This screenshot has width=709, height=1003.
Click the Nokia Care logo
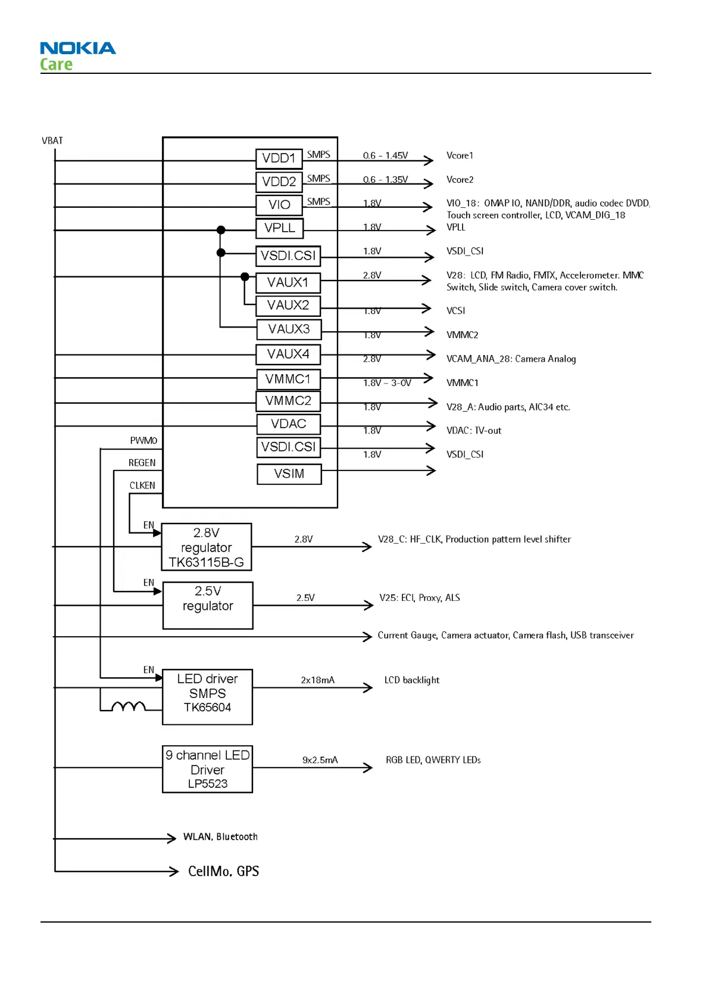(x=77, y=56)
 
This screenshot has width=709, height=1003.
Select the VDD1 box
(x=279, y=158)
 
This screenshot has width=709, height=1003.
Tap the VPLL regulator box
(x=279, y=228)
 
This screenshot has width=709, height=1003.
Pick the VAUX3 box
(x=289, y=329)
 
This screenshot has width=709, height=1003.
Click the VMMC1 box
(x=288, y=379)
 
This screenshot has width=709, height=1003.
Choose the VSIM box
(x=289, y=474)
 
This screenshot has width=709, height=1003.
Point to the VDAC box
(x=288, y=424)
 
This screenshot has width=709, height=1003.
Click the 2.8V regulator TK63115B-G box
(x=206, y=547)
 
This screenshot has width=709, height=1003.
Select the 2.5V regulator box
(x=208, y=605)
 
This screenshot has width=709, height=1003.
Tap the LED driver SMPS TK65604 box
(x=207, y=697)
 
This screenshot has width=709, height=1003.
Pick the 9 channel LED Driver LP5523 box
(x=207, y=769)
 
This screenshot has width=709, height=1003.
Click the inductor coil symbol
(x=129, y=706)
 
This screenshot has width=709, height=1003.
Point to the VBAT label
(x=52, y=141)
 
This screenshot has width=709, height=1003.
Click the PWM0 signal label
(x=143, y=441)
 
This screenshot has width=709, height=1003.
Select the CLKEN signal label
(x=142, y=485)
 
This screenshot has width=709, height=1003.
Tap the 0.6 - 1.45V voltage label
(x=385, y=155)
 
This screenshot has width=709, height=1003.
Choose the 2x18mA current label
(x=317, y=680)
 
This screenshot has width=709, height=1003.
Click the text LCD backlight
(x=411, y=680)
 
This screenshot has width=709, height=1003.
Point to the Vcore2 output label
(x=460, y=180)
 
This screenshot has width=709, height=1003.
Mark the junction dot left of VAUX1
(x=245, y=276)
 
